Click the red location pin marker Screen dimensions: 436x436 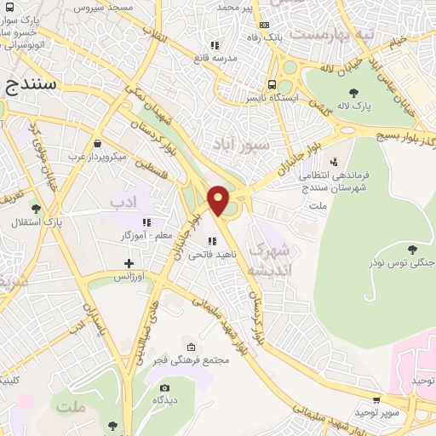pyautogui.click(x=219, y=200)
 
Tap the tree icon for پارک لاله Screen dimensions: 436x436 pyautogui.click(x=353, y=93)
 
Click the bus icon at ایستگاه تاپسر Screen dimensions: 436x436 pyautogui.click(x=272, y=84)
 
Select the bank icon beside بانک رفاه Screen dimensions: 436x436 pyautogui.click(x=265, y=25)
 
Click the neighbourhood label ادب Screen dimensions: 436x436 pyautogui.click(x=123, y=202)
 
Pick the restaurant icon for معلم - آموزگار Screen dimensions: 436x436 pyautogui.click(x=146, y=221)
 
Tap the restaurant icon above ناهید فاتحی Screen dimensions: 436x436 pyautogui.click(x=211, y=241)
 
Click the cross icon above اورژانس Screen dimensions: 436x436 pyautogui.click(x=129, y=263)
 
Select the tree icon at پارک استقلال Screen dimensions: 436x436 pyautogui.click(x=35, y=209)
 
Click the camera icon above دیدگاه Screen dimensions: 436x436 pyautogui.click(x=164, y=388)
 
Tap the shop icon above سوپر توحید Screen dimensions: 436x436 pyautogui.click(x=376, y=399)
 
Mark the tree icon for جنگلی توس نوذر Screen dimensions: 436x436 pyautogui.click(x=412, y=250)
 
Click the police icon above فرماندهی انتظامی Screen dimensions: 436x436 pyautogui.click(x=334, y=160)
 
